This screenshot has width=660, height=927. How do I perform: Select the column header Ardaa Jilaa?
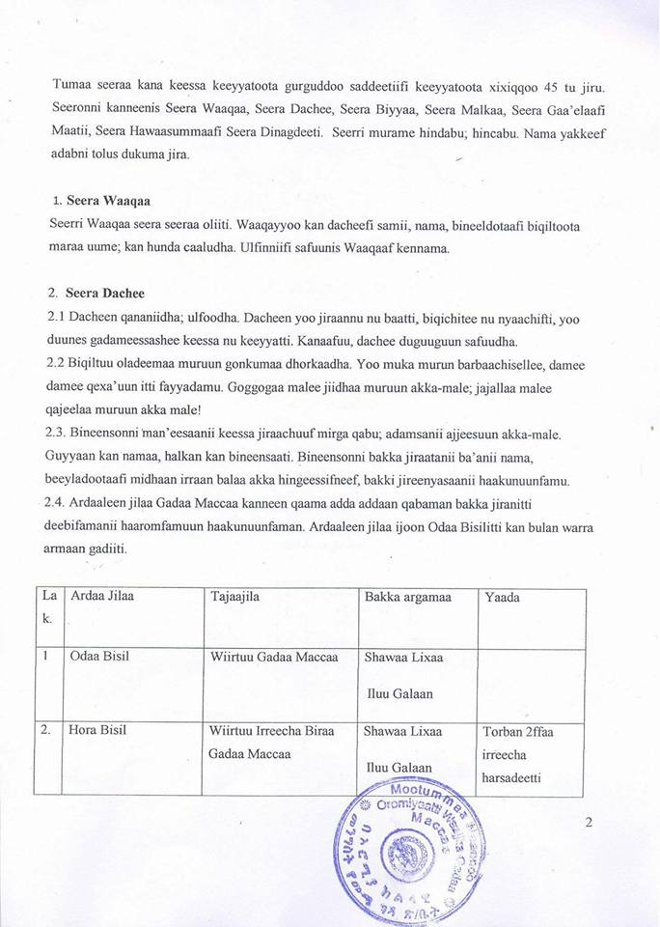tap(100, 597)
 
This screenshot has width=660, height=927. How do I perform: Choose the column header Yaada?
tap(503, 598)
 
